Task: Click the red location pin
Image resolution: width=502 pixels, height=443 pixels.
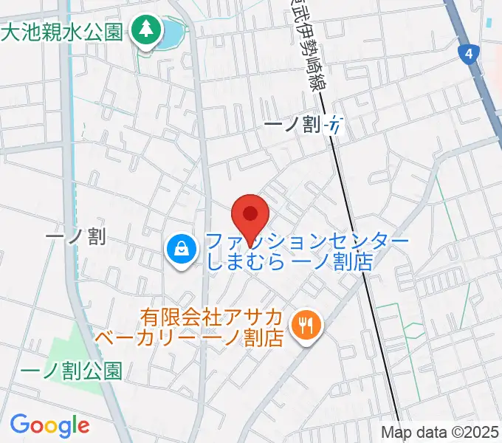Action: pos(250,216)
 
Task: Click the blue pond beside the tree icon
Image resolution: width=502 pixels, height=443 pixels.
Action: pos(172,32)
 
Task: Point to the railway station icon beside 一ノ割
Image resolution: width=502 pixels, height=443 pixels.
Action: pos(335,126)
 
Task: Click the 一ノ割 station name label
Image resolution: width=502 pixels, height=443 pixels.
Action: pos(294,126)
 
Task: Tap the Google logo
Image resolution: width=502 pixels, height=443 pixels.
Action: pos(49,425)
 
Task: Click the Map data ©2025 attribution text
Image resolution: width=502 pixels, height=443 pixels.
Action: pos(439,432)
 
